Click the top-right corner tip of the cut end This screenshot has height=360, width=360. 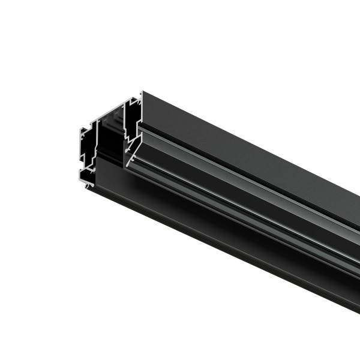[x=142, y=92]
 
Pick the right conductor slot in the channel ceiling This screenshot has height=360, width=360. [x=118, y=112]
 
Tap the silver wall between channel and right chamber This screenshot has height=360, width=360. [x=124, y=129]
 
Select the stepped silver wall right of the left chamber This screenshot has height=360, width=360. [x=97, y=147]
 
